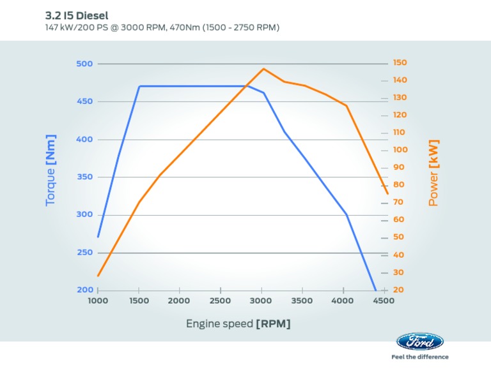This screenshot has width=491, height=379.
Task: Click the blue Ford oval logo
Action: [419, 342]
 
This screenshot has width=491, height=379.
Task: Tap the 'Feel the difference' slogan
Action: [419, 357]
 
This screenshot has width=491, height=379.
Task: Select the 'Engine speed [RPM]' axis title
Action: [238, 323]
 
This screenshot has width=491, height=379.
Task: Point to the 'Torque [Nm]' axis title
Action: [51, 170]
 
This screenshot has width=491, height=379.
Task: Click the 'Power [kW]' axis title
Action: [433, 173]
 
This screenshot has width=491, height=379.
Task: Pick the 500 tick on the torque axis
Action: [84, 64]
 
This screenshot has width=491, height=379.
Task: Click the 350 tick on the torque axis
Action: [84, 177]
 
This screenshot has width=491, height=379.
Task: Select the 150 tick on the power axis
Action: [400, 63]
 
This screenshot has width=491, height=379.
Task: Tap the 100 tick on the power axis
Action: [400, 150]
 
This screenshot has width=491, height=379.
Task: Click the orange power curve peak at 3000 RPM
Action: [263, 68]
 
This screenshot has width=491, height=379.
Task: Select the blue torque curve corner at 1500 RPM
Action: [139, 86]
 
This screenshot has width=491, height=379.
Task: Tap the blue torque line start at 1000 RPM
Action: [98, 237]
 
